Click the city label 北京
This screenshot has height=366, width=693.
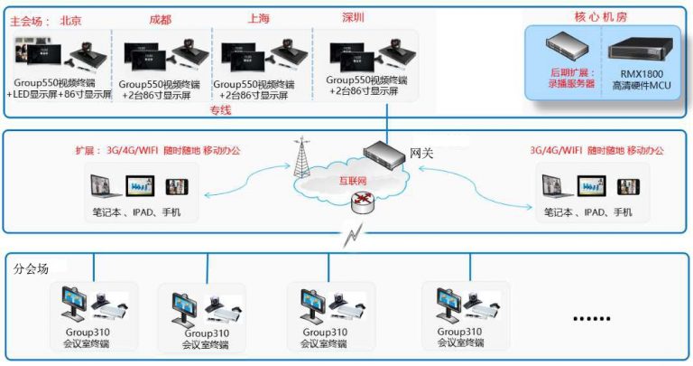point(71,18)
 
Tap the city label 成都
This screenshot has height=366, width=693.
point(161,18)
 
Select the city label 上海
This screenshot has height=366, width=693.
point(259,18)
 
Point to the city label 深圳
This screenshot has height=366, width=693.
point(354,18)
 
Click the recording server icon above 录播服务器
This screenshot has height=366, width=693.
point(571,46)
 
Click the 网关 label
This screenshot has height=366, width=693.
point(421,153)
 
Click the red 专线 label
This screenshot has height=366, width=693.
point(220,110)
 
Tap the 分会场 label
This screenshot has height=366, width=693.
point(32,268)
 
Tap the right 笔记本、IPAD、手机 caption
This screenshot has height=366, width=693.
point(588,213)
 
